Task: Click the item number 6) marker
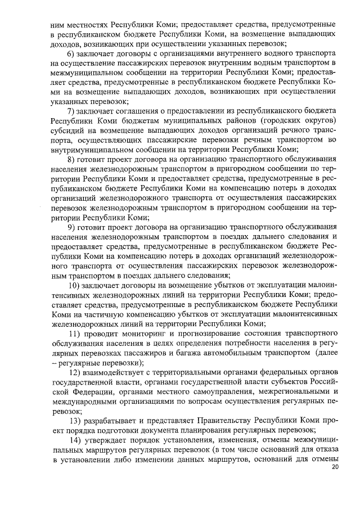70,53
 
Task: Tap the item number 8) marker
70,159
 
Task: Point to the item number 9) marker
70,227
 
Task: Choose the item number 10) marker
73,285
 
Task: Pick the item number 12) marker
73,372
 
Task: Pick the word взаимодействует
112,372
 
